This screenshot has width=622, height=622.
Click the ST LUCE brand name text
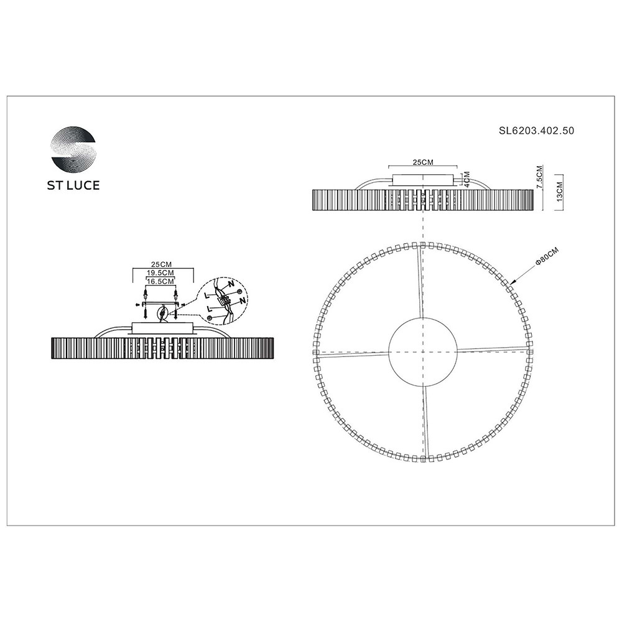click(73, 185)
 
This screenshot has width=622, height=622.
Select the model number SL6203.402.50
click(536, 131)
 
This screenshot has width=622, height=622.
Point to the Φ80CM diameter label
click(547, 256)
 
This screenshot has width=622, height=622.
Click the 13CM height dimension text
click(560, 192)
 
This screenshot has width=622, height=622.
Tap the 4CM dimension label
click(467, 180)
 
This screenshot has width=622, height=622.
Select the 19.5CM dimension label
click(160, 273)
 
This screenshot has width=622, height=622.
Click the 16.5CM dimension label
click(160, 282)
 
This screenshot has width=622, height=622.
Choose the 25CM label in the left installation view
click(162, 264)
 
